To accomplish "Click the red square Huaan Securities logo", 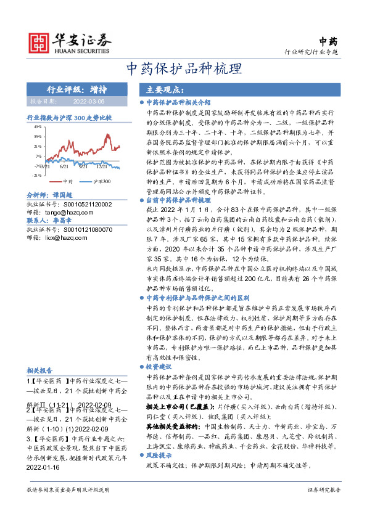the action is pyautogui.click(x=41, y=41).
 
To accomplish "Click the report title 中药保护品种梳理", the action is pyautogui.click(x=183, y=68).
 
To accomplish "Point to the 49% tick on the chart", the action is pyautogui.click(x=38, y=126).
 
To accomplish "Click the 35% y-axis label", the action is pyautogui.click(x=38, y=137).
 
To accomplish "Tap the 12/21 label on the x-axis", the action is pyautogui.click(x=103, y=166).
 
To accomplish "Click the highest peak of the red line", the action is pyautogui.click(x=108, y=133).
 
